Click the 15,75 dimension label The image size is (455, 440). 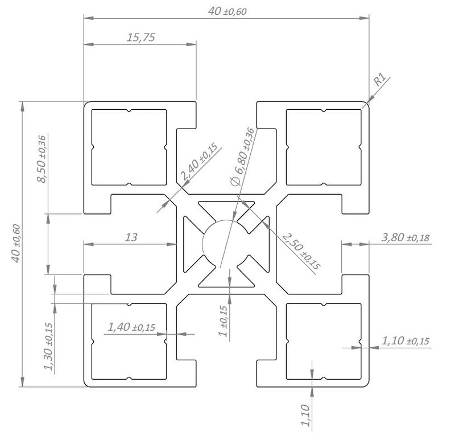tap(140, 38)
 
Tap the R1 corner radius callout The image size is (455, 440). tap(379, 79)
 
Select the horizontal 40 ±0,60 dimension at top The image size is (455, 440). tap(227, 11)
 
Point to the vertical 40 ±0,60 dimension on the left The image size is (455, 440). tap(16, 244)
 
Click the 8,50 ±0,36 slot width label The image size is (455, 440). tap(42, 159)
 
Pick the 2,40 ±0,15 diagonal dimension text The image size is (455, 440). tap(198, 162)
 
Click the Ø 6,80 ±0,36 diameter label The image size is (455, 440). tap(242, 157)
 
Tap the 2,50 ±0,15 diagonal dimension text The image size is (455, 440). tap(301, 251)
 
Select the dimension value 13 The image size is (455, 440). tap(131, 237)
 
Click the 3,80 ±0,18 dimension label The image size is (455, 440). tap(405, 237)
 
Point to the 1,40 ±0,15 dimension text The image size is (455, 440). tap(131, 327)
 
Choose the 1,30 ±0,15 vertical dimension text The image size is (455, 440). tap(48, 347)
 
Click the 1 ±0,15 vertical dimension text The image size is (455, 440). tap(223, 321)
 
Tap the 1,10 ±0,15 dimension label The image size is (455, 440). tap(405, 341)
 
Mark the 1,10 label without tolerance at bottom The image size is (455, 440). tap(305, 416)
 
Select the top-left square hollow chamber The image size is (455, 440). tap(129, 147)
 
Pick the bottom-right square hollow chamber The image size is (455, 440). tap(324, 342)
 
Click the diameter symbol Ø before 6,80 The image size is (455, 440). tap(235, 181)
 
